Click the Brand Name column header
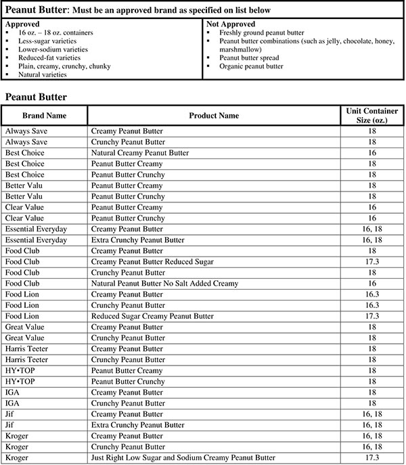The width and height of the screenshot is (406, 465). [43, 116]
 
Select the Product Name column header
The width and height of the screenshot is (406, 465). [213, 116]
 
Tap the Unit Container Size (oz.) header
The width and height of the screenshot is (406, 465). [371, 116]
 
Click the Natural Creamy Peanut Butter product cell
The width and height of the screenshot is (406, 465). [140, 153]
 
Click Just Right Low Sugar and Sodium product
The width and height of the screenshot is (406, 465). [183, 458]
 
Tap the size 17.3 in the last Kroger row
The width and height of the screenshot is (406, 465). [371, 458]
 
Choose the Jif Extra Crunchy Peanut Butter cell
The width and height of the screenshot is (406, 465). [137, 425]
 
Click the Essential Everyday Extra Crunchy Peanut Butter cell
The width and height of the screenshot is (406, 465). [137, 240]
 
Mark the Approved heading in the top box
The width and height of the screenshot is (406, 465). [22, 24]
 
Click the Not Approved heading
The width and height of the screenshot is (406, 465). [231, 24]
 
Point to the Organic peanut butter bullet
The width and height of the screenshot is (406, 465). [252, 67]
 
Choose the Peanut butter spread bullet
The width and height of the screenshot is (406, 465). [250, 58]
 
